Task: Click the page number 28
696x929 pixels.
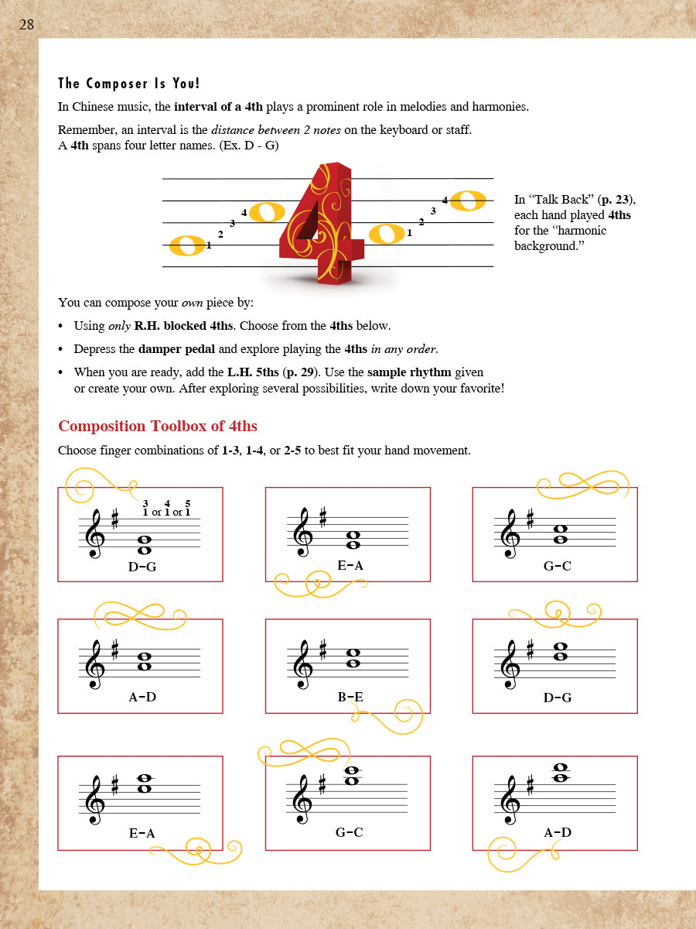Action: [26, 25]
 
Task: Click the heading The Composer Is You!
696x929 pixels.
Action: [129, 84]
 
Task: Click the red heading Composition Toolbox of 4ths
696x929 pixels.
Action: [158, 427]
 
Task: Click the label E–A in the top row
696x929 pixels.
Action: [350, 566]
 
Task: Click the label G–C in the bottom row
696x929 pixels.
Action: [349, 833]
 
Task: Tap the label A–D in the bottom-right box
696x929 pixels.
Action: [557, 833]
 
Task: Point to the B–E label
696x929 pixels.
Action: [350, 698]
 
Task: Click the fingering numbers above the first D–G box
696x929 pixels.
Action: [166, 509]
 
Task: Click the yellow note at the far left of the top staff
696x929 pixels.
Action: [187, 245]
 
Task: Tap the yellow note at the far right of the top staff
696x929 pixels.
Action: [468, 201]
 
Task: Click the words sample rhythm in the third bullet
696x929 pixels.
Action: [408, 372]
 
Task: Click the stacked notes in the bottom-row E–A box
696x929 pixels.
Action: [144, 784]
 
